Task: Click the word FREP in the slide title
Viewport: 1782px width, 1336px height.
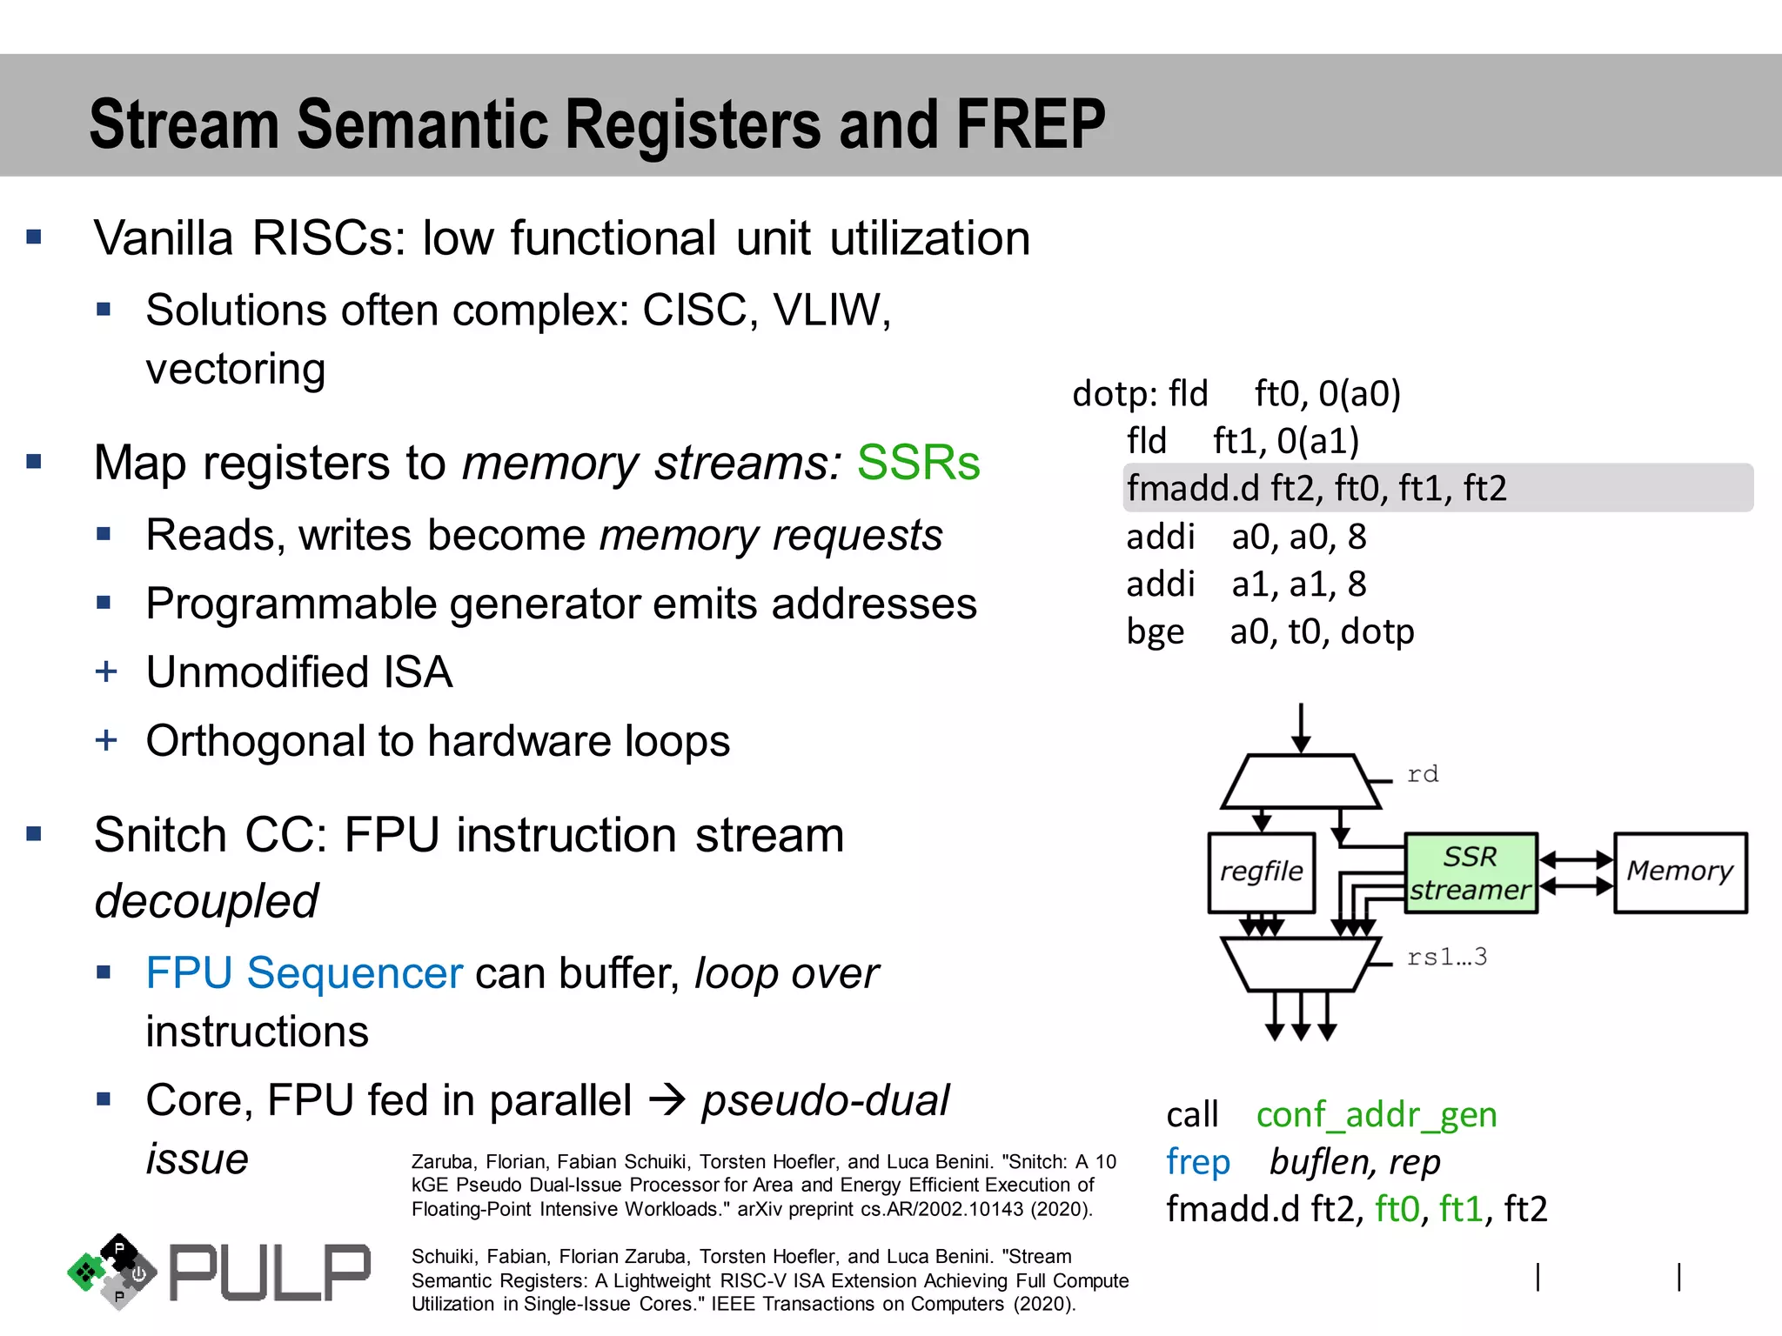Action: click(1030, 124)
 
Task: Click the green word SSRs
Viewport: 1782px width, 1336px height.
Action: click(918, 462)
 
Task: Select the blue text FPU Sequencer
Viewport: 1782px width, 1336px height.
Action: click(304, 972)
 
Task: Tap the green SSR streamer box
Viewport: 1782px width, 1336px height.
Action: click(1470, 872)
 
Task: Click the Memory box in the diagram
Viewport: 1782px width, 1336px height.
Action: click(1679, 872)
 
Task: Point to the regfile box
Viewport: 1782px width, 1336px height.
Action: click(1261, 872)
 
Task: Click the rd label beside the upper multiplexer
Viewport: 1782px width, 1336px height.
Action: click(1422, 773)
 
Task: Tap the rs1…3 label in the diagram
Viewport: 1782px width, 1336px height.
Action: click(1446, 957)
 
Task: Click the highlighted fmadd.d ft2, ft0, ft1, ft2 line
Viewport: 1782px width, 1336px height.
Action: click(1316, 488)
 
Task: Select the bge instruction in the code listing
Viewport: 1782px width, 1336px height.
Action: click(1155, 631)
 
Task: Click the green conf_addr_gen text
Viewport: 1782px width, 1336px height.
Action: click(1376, 1114)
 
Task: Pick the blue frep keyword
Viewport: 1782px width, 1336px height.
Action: click(1197, 1162)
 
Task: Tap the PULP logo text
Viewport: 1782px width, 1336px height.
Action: click(269, 1273)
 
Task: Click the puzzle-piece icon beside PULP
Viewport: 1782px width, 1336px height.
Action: click(112, 1271)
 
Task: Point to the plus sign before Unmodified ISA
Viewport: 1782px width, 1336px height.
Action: click(106, 671)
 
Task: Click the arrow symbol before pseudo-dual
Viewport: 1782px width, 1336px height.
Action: click(667, 1101)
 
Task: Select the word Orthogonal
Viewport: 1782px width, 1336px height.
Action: click(255, 741)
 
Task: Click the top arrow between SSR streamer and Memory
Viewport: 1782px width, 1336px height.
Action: click(1575, 859)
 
